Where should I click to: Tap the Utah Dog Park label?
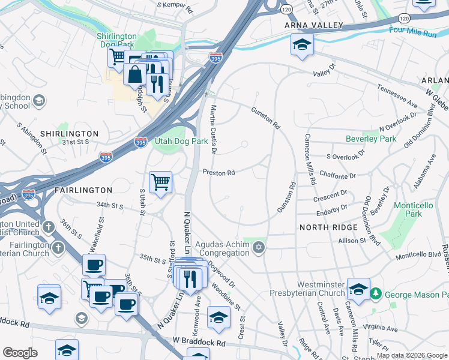[181, 141]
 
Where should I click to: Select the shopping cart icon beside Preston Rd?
[160, 181]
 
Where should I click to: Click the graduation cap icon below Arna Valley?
[302, 44]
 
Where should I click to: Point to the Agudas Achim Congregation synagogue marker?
[259, 248]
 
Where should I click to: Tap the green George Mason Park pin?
[376, 294]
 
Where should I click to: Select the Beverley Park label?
[371, 139]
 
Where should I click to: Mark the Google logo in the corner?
[20, 352]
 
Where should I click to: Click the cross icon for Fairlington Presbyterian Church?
[58, 247]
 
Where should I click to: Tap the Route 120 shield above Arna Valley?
[286, 10]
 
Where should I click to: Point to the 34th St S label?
[110, 206]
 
